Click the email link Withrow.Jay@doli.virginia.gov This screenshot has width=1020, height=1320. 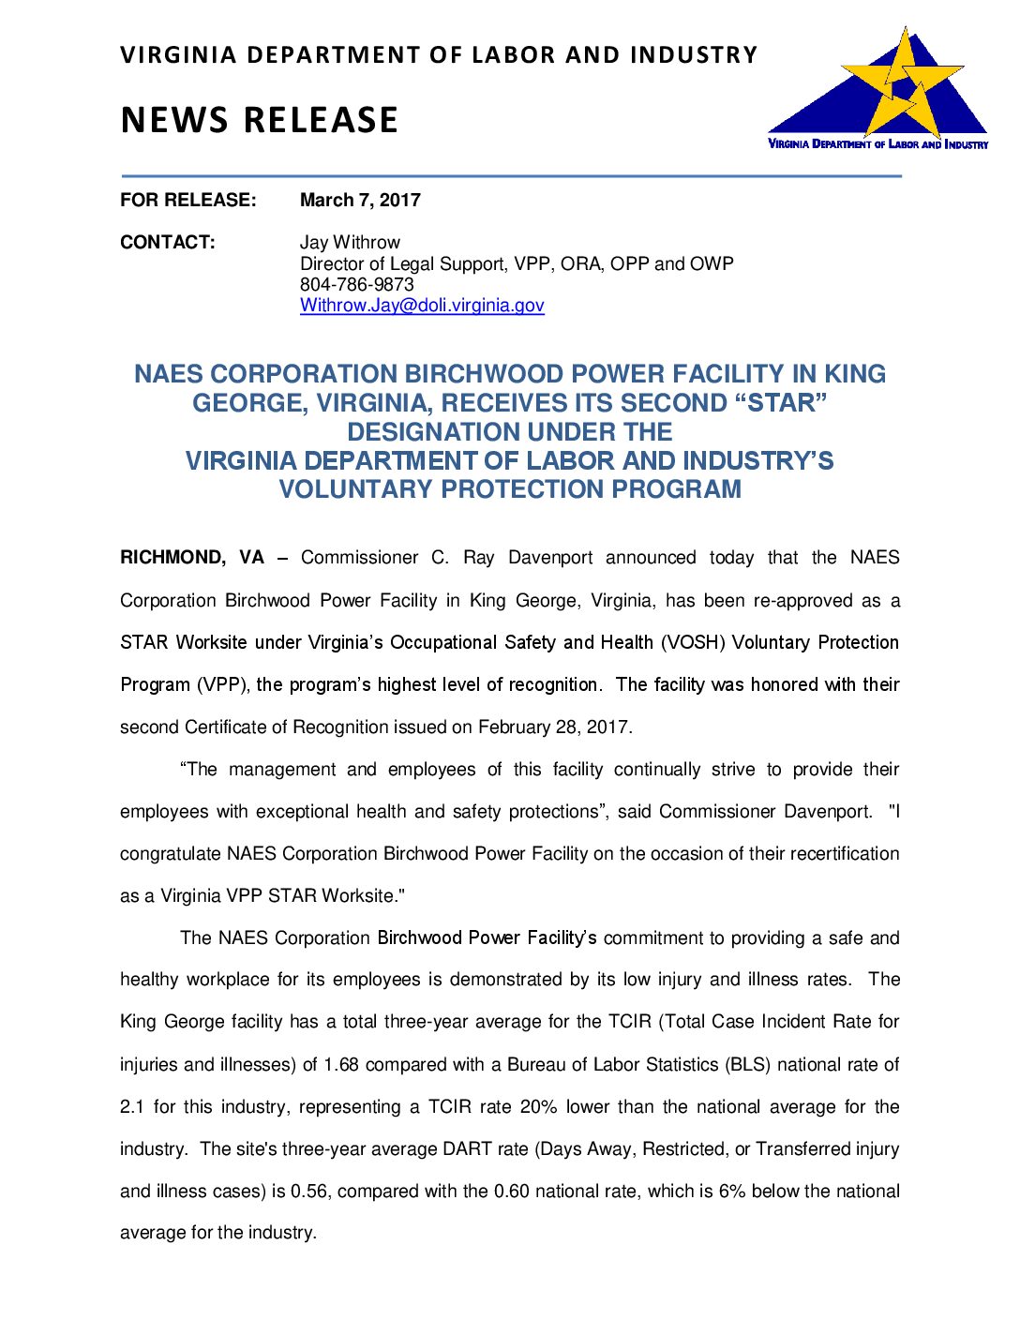(422, 306)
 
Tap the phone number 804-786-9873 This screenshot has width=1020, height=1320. (356, 284)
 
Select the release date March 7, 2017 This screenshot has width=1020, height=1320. (360, 200)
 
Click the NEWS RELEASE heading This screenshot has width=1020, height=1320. (260, 120)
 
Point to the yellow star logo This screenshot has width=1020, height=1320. (902, 82)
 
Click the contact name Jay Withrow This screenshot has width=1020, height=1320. (350, 242)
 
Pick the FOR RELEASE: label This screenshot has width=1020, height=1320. (187, 200)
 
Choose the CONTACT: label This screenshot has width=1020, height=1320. (167, 242)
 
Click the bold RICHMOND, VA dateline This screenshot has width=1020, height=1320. (192, 558)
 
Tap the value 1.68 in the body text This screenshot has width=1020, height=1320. (341, 1065)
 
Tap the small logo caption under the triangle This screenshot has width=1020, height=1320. (877, 144)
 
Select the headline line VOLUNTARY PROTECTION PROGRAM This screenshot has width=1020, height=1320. (510, 489)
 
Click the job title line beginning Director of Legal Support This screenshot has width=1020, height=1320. (517, 263)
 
